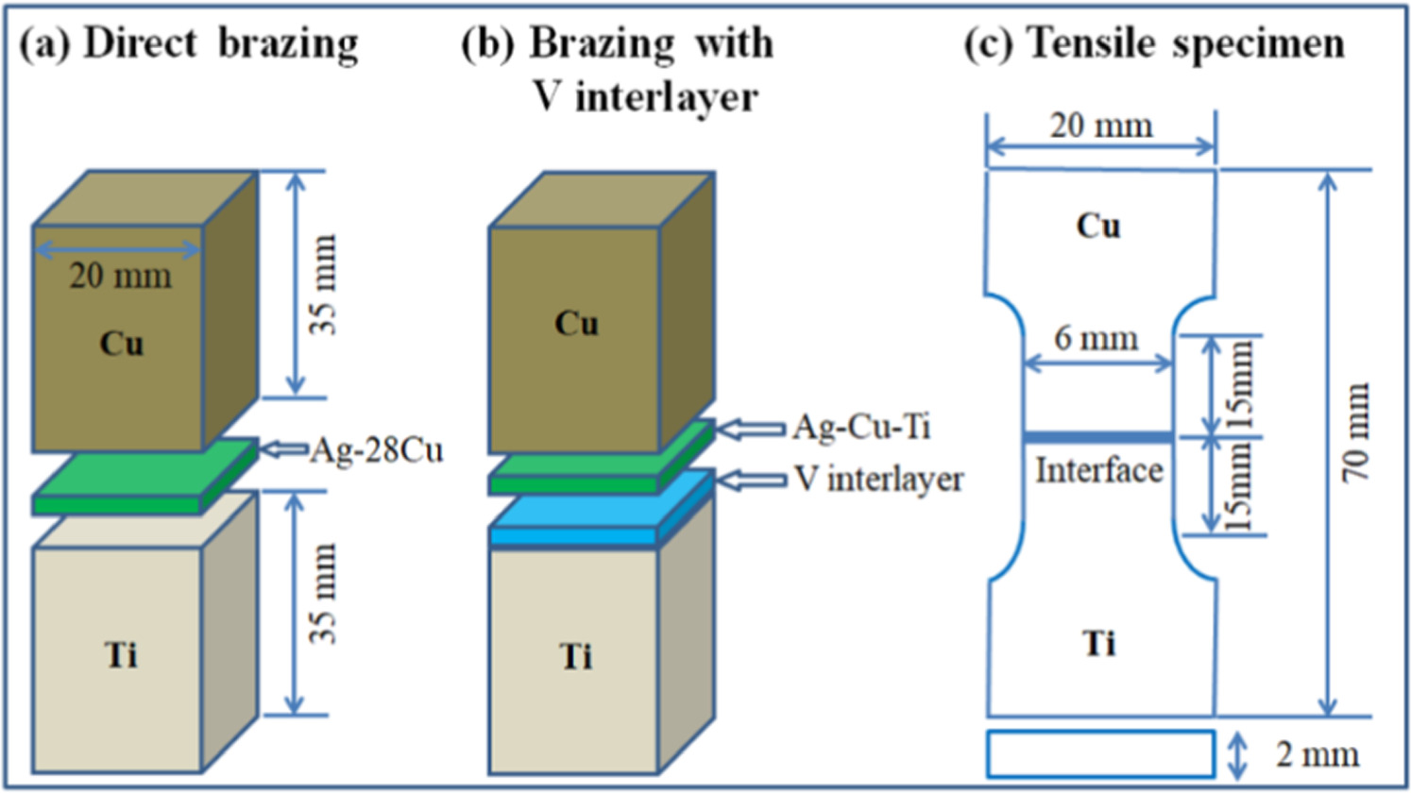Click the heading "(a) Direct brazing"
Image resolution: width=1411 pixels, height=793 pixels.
(189, 44)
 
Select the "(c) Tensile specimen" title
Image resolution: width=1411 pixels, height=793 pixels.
(1154, 44)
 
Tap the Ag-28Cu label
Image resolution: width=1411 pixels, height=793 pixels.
(377, 450)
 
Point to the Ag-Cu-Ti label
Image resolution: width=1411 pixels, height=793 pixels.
(860, 427)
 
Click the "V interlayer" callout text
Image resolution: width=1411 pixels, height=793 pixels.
(878, 479)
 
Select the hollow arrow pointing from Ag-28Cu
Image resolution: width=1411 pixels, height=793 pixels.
(283, 449)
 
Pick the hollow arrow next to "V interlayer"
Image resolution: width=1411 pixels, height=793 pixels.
(752, 481)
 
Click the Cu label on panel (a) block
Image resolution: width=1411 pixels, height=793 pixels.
(122, 344)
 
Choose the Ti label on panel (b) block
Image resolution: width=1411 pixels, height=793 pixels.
(576, 655)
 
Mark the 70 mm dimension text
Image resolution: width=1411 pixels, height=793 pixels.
(1357, 432)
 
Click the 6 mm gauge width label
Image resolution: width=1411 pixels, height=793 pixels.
(1096, 338)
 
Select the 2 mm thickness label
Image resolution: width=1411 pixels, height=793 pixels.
(1317, 755)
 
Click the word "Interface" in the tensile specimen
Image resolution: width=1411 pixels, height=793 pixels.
(1098, 470)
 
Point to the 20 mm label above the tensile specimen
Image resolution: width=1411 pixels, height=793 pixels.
(1101, 125)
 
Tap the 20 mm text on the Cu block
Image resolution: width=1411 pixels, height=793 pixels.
(120, 276)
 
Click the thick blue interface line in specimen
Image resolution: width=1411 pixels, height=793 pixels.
(1097, 437)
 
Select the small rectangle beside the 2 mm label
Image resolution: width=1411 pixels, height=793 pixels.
(1100, 754)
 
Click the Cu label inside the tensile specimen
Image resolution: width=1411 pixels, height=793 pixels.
(1097, 226)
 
